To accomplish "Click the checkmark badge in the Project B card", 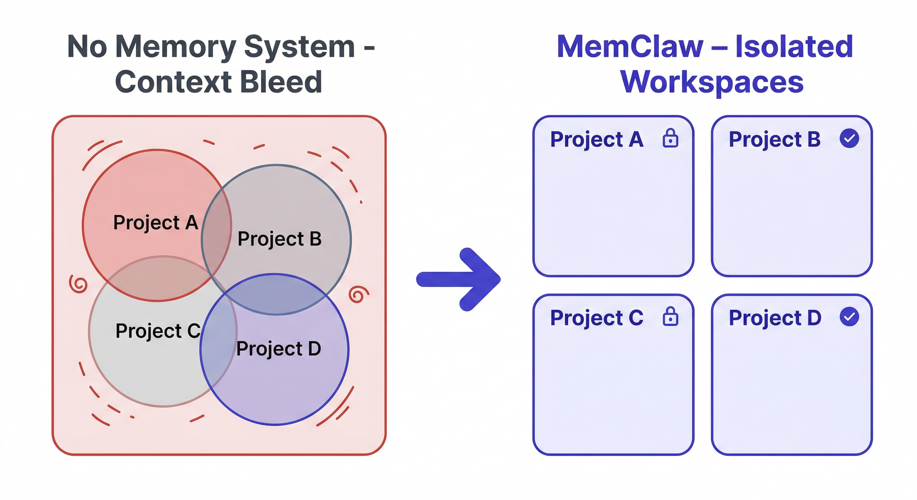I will pos(849,138).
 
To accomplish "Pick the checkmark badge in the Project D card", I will pos(849,316).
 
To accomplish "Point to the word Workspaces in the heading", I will pos(712,82).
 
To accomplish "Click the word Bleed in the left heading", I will pos(281,82).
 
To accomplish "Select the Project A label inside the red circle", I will pos(156,223).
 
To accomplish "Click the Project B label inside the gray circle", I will pos(279,239).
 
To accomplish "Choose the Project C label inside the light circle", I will pos(158,331).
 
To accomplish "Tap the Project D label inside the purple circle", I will pos(278,348).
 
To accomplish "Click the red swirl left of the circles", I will pos(78,284).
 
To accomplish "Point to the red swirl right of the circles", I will pos(358,294).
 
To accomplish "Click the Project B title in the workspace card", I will pos(774,139).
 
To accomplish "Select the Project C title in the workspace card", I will pos(596,318).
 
